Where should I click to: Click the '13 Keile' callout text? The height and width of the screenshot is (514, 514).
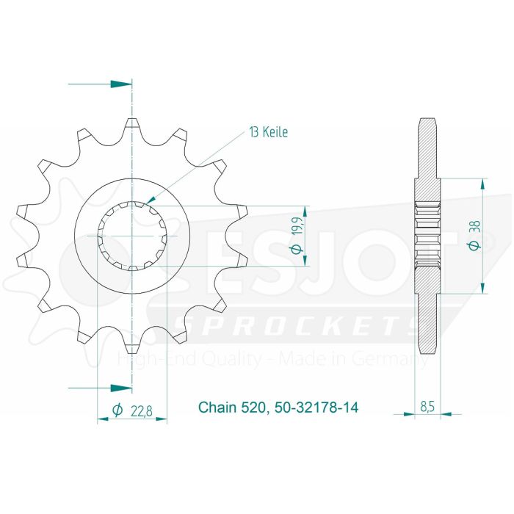(x=269, y=133)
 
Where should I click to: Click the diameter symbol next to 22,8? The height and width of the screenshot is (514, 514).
(x=117, y=411)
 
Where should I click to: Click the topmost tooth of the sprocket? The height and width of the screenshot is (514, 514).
(x=132, y=123)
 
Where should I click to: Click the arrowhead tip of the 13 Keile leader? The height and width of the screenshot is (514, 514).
(x=147, y=200)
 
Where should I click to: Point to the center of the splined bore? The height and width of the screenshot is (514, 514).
(x=132, y=236)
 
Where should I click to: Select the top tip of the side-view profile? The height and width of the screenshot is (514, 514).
(x=427, y=119)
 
